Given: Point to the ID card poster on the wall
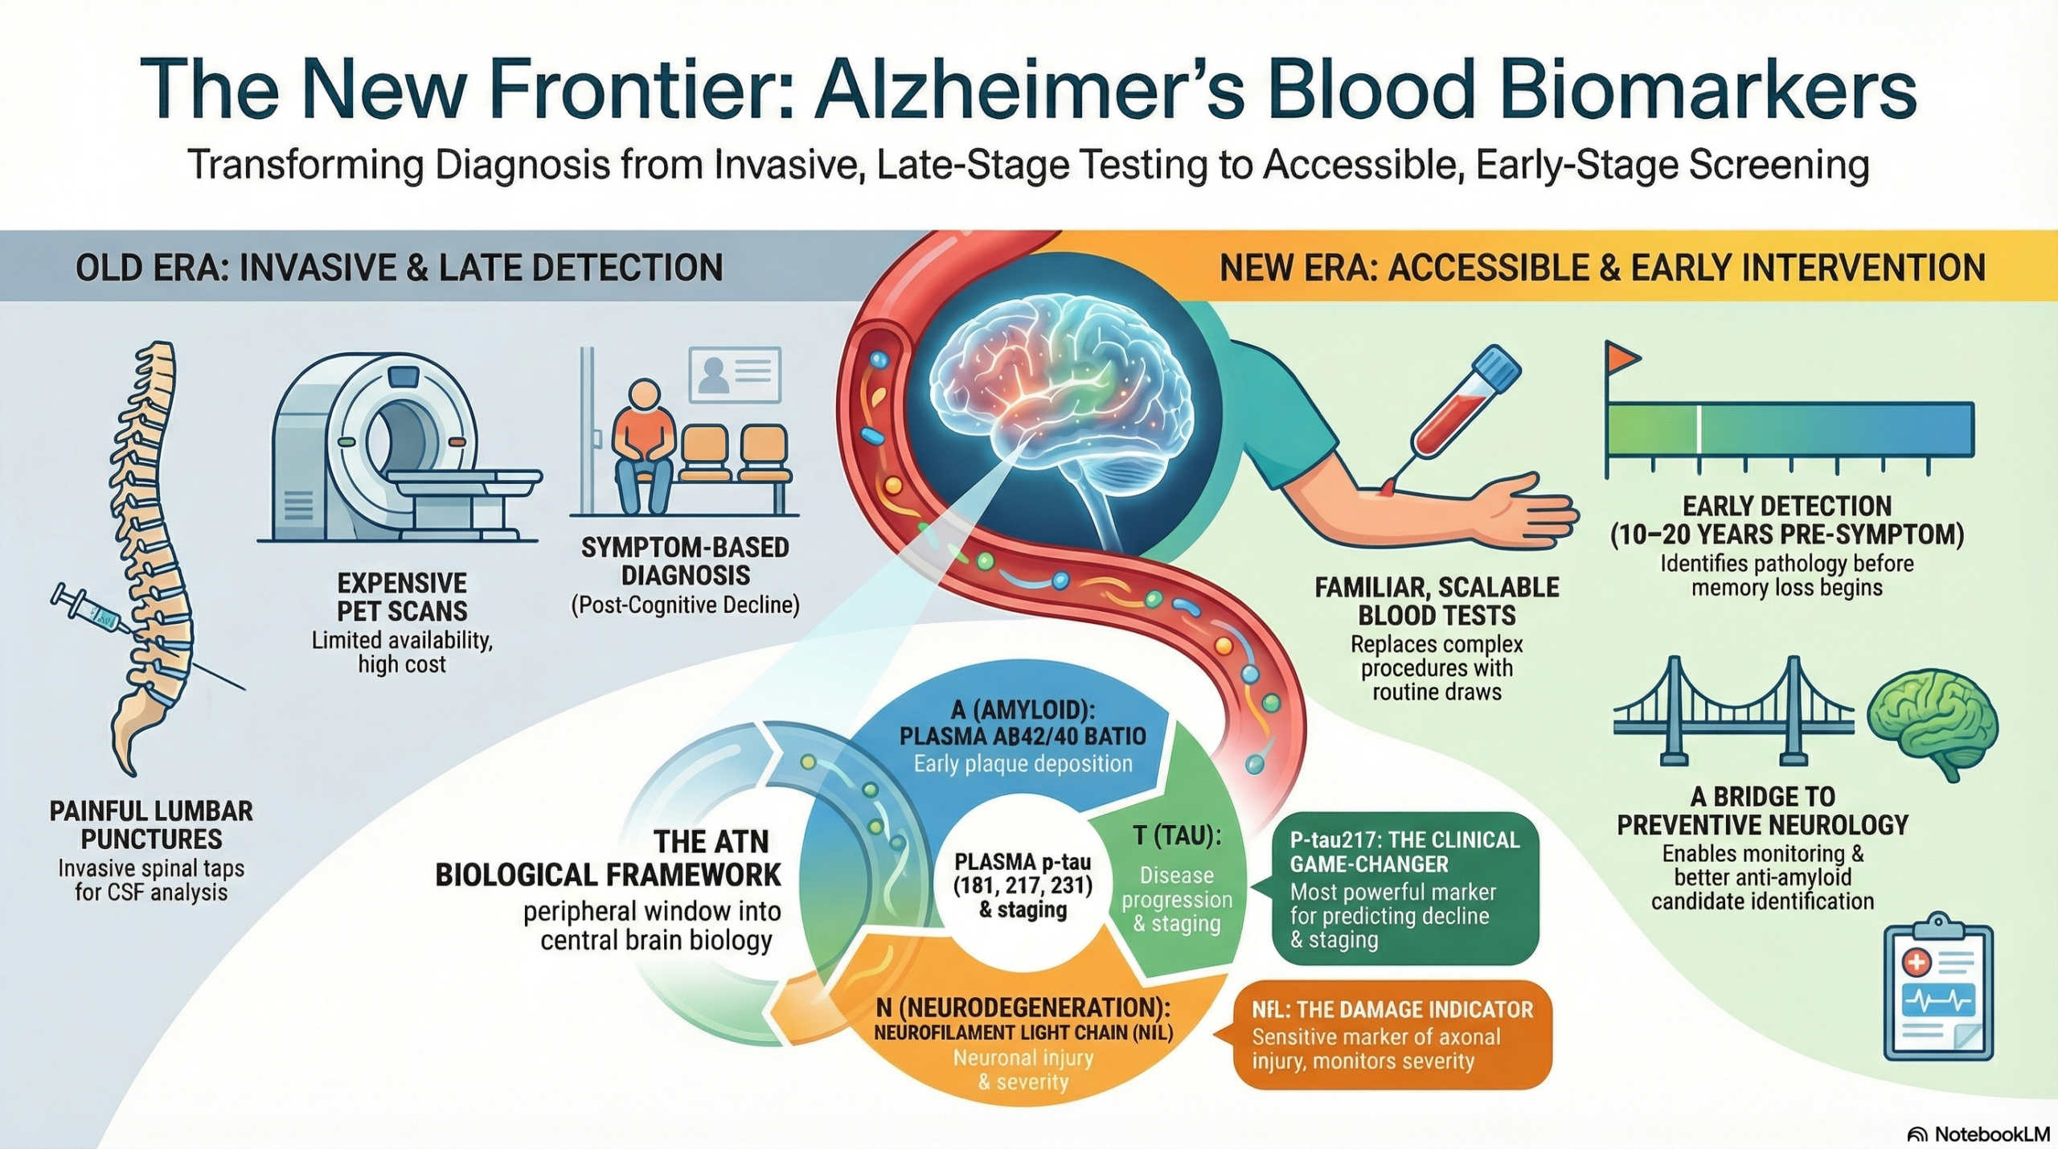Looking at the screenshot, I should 735,375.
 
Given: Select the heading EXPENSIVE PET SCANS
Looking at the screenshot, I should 402,597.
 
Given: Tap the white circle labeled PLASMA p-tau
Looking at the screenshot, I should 1023,886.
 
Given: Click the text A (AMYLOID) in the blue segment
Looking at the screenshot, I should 1023,710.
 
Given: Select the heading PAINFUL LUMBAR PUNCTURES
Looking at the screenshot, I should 151,824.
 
